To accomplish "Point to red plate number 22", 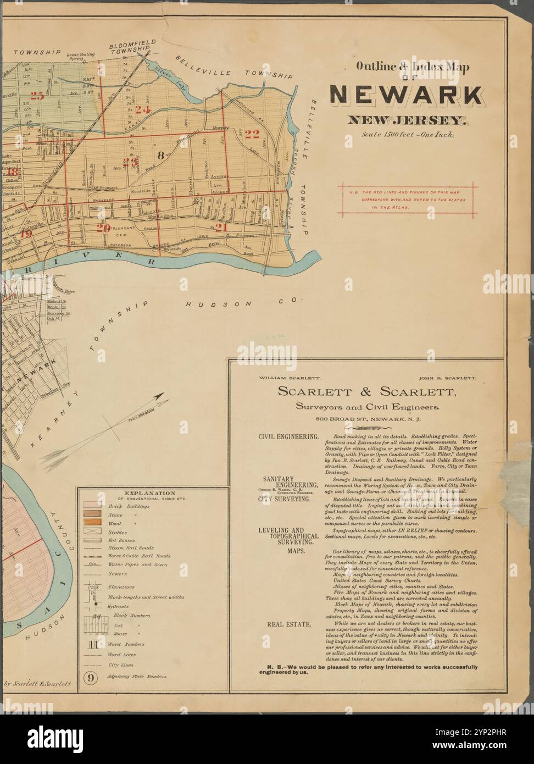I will (252, 133).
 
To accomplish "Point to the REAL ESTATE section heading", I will (288, 624).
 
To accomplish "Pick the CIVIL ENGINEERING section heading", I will (288, 436).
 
